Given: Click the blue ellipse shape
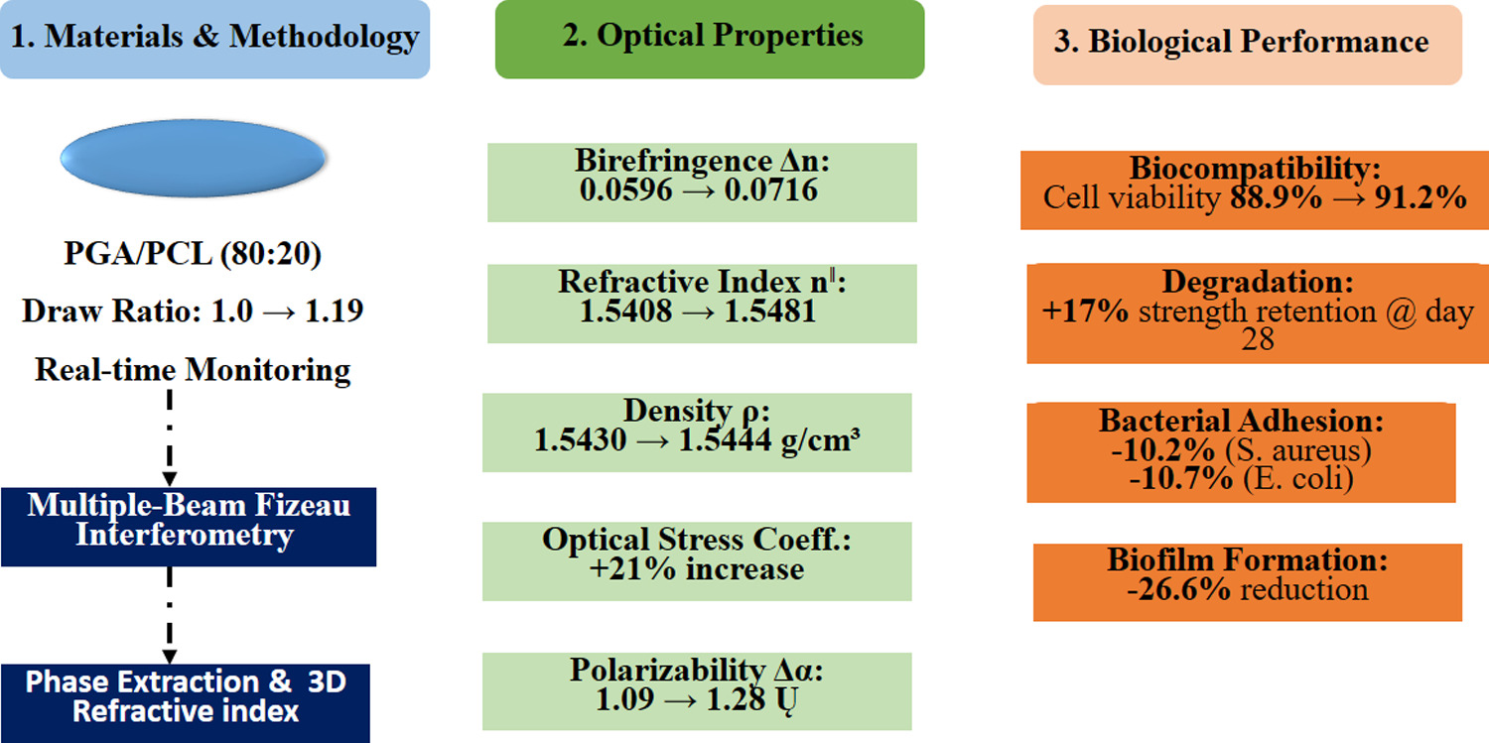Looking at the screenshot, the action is click(x=193, y=158).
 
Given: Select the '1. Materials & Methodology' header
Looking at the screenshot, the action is click(x=214, y=39).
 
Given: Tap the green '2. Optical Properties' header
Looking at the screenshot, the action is click(x=710, y=39).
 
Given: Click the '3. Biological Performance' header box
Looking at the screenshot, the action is click(x=1248, y=45).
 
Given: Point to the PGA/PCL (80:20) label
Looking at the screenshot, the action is click(x=193, y=254).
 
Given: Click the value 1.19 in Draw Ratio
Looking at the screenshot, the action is click(x=334, y=310).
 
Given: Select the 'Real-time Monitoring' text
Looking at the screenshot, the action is click(x=193, y=370).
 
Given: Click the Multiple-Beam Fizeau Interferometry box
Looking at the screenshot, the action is click(x=189, y=527).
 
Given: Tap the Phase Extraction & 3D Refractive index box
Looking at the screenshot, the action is click(x=186, y=703).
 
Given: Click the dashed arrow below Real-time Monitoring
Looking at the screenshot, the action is click(x=170, y=437).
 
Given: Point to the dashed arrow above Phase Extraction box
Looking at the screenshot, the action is click(x=170, y=615).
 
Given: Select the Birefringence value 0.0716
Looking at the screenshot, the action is click(x=771, y=190).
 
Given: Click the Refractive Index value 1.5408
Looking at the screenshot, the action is click(x=625, y=311).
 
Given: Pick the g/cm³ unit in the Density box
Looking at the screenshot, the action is click(x=821, y=440).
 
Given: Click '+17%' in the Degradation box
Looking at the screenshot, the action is click(x=1085, y=311).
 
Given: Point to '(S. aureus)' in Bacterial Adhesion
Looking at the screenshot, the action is click(x=1298, y=450).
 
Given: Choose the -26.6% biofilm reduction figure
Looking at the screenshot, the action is click(x=1178, y=589).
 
